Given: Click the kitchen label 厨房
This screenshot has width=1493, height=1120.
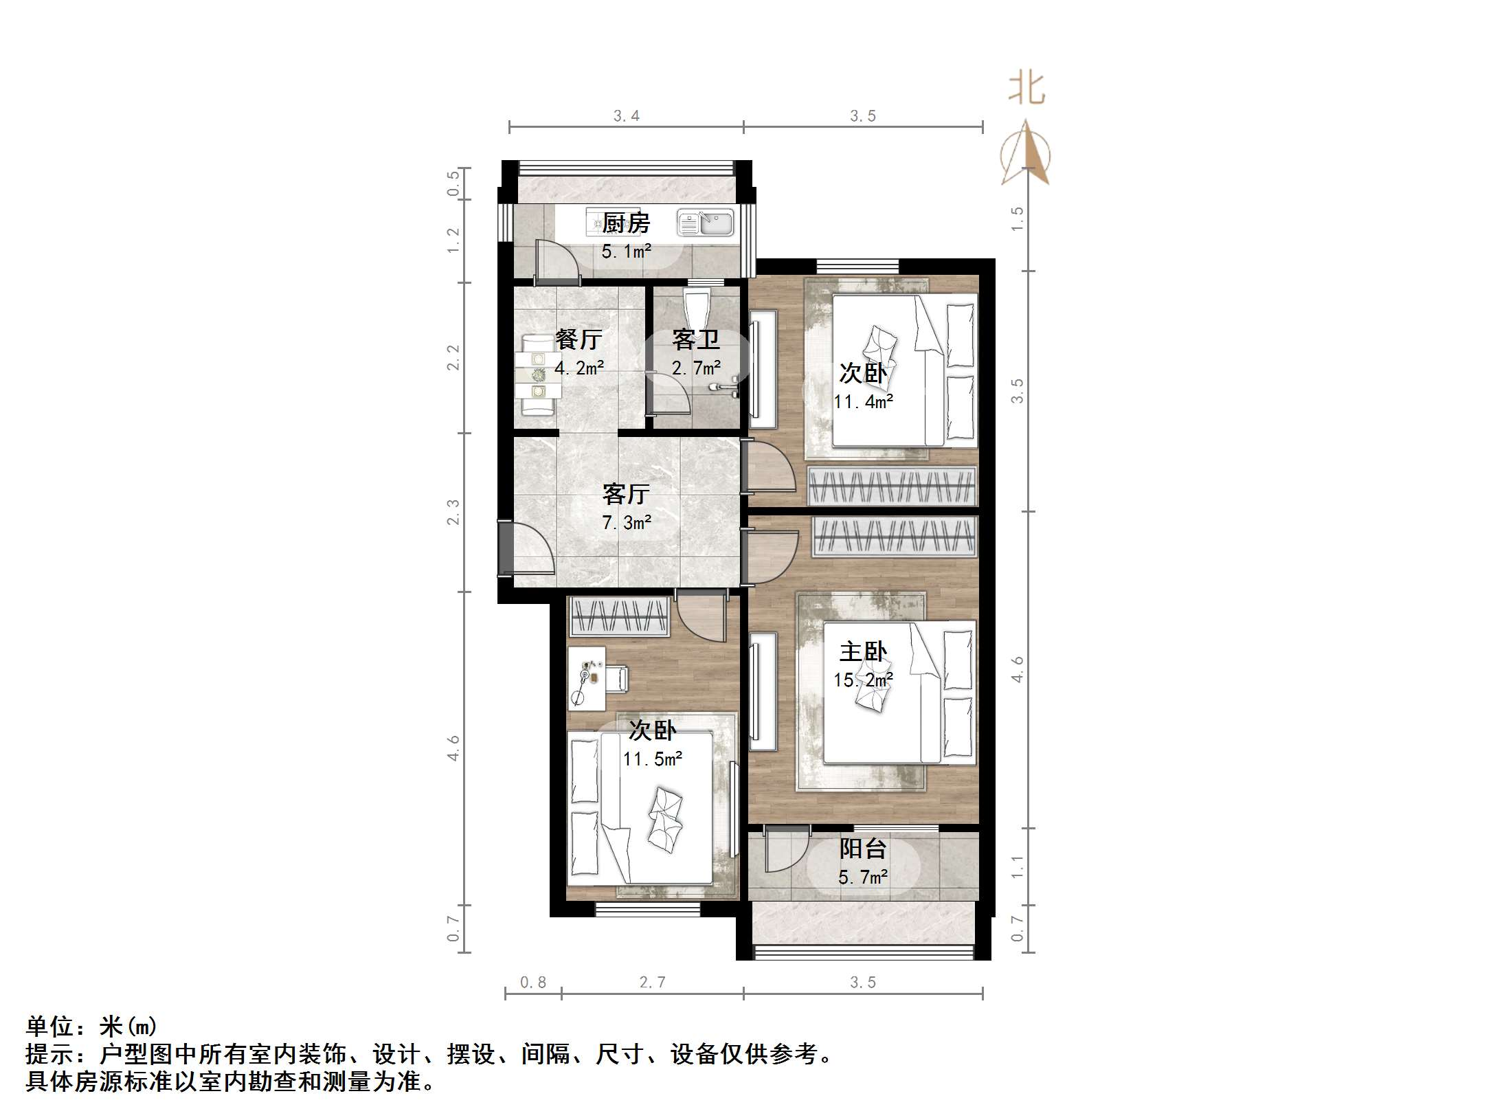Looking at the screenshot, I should [626, 223].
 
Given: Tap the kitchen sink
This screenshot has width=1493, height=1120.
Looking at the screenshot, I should [706, 223].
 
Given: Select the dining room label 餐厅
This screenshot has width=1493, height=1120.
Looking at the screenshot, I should [579, 339].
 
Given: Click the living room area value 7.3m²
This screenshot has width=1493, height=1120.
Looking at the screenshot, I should [627, 523].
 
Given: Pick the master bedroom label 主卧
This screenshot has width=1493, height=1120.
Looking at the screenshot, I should [863, 651].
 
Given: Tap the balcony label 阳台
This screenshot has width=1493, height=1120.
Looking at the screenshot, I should [863, 849].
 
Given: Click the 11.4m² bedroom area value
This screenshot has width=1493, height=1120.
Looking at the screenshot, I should [864, 401].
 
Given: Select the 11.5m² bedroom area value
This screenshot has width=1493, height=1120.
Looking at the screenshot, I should [653, 759].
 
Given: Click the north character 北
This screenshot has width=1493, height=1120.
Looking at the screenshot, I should [1026, 89].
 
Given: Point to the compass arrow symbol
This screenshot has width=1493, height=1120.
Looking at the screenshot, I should [1025, 154].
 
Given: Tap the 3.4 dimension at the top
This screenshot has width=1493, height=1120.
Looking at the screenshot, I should [627, 116].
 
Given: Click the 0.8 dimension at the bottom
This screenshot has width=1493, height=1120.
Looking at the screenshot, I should [533, 983].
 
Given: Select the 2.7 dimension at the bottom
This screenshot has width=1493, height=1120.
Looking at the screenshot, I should [652, 983].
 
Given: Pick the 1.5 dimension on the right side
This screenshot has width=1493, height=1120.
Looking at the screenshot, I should [1018, 219].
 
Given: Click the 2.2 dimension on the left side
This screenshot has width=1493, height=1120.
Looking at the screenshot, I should [453, 357].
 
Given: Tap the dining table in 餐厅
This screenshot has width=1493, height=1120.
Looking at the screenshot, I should [540, 375].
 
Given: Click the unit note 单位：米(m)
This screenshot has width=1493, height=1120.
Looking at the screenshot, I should [92, 1027].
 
